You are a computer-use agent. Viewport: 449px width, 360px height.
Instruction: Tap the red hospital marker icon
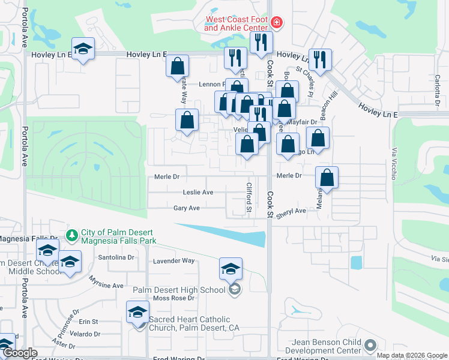[x=276, y=23]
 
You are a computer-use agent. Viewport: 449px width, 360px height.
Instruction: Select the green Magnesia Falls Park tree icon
[x=72, y=235]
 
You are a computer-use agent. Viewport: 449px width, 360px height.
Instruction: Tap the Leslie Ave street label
[x=198, y=193]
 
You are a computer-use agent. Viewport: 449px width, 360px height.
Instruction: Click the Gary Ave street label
[x=186, y=208]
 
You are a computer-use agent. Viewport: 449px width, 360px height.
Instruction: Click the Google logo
[x=20, y=353]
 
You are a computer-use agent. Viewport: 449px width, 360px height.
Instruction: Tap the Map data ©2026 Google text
[x=411, y=355]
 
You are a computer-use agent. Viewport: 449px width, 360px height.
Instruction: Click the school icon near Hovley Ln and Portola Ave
[x=83, y=49]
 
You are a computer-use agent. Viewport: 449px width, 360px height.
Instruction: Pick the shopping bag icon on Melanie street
[x=327, y=178]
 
